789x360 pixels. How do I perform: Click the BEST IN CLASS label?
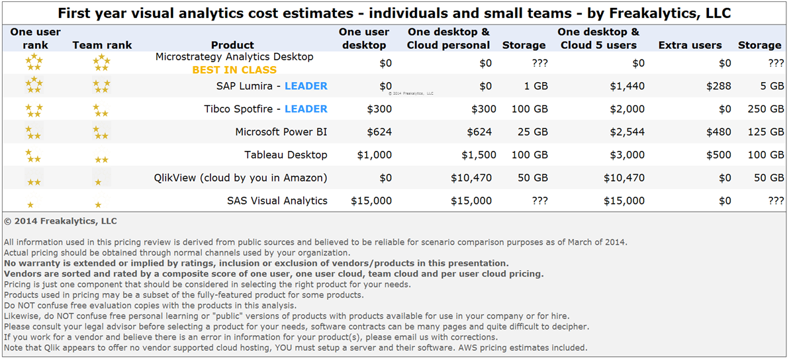tap(234, 69)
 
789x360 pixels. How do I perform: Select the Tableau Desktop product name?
tap(286, 155)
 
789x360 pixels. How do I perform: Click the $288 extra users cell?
tap(718, 86)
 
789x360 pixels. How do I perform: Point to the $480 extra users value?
tap(718, 132)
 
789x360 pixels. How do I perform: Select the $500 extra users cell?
tap(718, 155)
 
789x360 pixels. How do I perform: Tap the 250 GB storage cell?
tap(765, 109)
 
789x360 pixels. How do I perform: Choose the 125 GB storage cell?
tap(765, 132)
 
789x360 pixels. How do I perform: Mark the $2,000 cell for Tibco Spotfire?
tap(624, 109)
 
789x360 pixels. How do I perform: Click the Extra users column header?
tap(690, 45)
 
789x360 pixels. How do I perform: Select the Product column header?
tap(232, 45)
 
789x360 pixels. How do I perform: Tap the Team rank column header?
tap(102, 45)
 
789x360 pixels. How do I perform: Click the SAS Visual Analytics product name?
tap(277, 201)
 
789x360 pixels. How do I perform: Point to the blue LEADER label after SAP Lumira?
tap(306, 86)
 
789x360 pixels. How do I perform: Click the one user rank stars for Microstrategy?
tap(34, 63)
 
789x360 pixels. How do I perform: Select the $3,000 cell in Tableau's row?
tap(624, 155)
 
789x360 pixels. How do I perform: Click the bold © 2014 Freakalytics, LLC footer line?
tap(60, 221)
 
